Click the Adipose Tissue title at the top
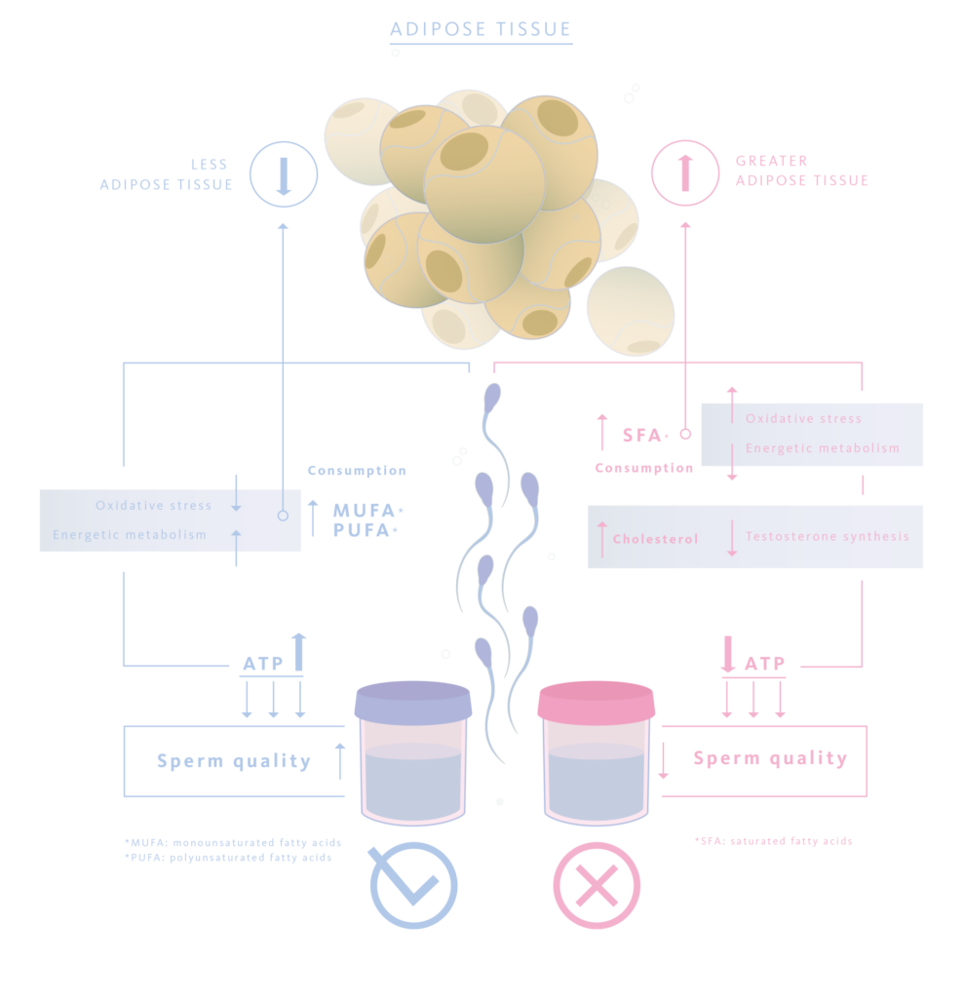pos(481,28)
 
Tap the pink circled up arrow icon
pos(685,173)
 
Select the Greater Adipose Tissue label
pos(801,171)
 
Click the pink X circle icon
pos(597,885)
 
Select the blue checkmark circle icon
pos(413,885)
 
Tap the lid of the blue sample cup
pos(413,701)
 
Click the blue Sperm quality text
pos(234,761)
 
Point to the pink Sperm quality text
pos(770,758)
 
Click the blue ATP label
pos(262,664)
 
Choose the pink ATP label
pos(764,664)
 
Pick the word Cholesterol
pos(655,539)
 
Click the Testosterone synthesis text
pos(827,536)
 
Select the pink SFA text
pos(643,435)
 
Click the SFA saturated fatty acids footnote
pos(773,840)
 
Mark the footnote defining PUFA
pos(227,858)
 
